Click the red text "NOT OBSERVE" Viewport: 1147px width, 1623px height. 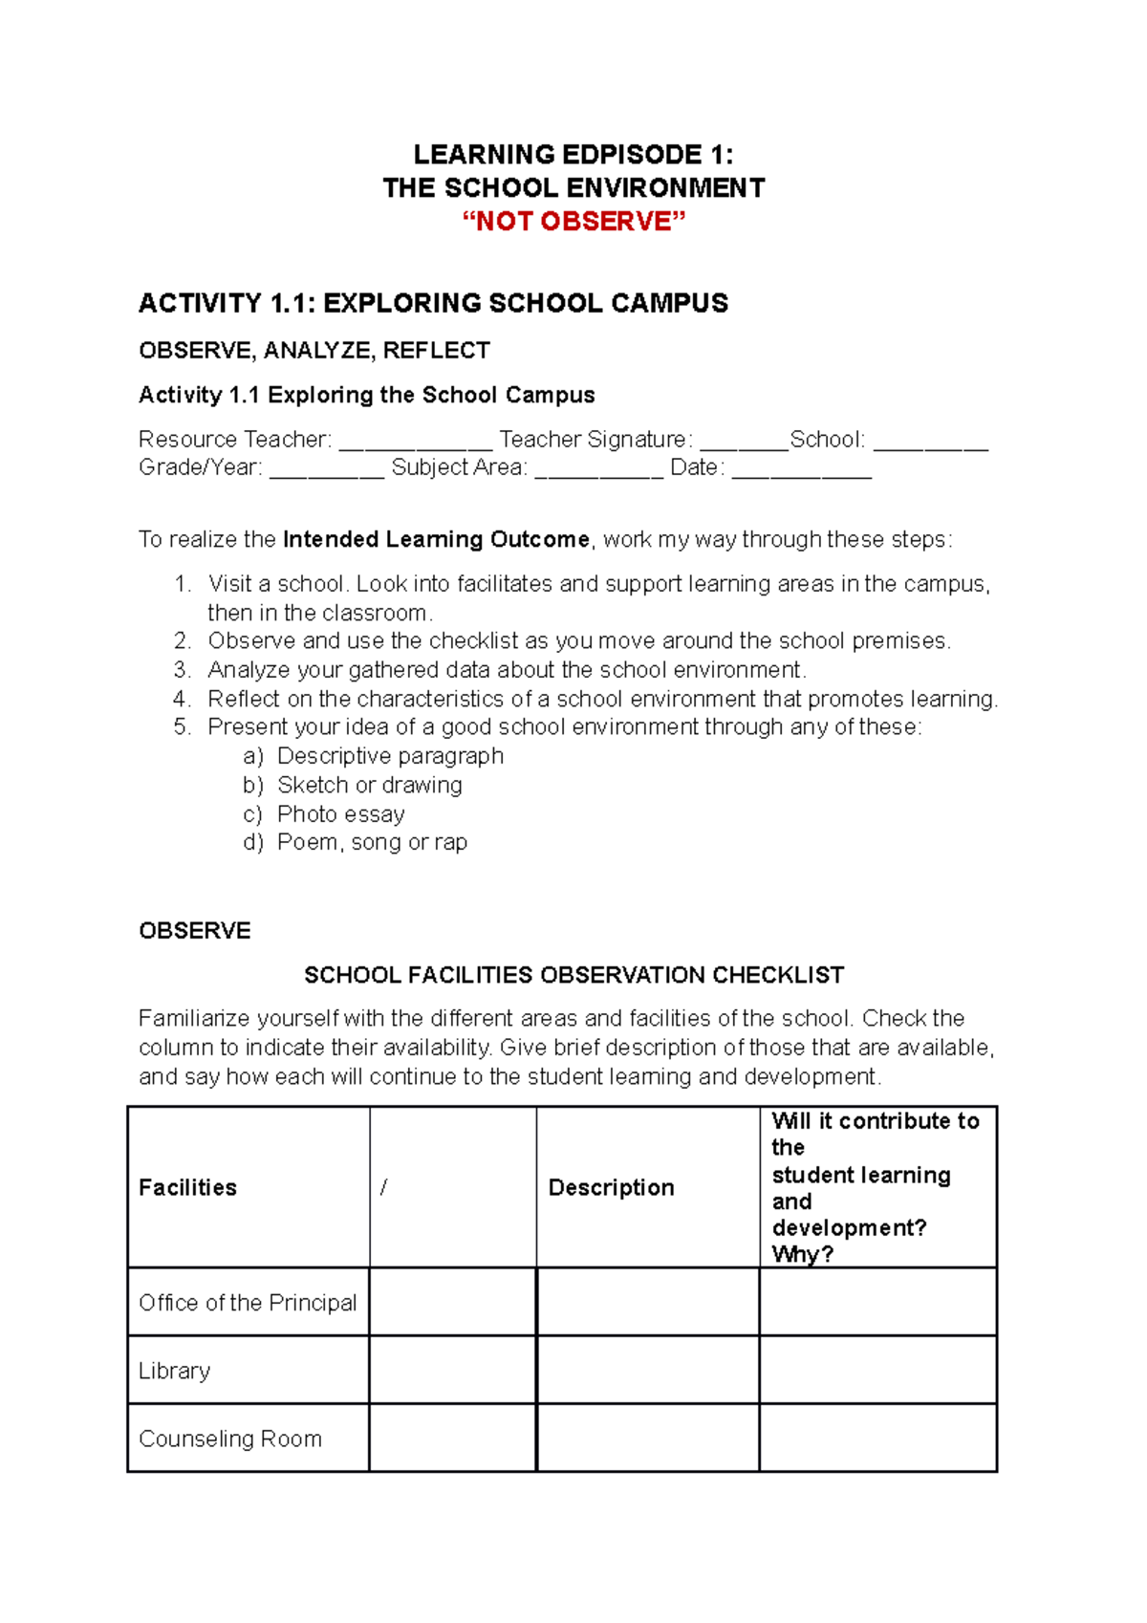pos(573,221)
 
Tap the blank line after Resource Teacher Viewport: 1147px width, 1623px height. pos(415,443)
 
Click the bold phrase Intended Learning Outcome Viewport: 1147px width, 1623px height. pos(436,539)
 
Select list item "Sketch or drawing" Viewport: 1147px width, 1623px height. pos(369,785)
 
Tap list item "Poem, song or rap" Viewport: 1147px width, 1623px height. pos(372,842)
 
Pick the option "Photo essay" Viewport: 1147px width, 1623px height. pos(340,813)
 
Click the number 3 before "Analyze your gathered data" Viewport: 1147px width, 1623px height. pos(183,670)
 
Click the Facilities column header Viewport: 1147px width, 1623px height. pos(187,1187)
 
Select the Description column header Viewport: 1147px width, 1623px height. pos(611,1187)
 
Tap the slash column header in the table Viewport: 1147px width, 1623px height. pos(383,1187)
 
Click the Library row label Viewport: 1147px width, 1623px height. pos(174,1371)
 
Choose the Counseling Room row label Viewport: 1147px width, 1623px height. pos(229,1439)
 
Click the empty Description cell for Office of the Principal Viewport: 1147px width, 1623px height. pos(647,1302)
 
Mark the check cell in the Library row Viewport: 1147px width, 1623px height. pos(452,1370)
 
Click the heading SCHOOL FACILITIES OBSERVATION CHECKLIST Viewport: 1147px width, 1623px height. pos(573,975)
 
